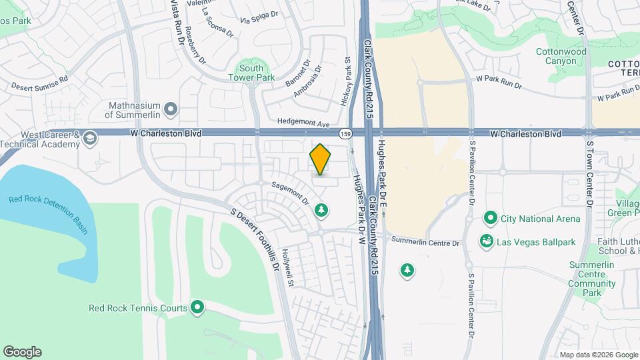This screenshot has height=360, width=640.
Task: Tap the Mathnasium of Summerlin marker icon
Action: click(171, 108)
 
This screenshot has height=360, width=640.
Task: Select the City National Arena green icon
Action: click(491, 219)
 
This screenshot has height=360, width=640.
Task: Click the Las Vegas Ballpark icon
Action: click(487, 241)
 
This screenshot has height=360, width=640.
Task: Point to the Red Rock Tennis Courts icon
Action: click(197, 307)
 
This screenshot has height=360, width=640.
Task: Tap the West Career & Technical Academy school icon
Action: click(89, 139)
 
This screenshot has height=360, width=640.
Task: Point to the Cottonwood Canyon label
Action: click(561, 56)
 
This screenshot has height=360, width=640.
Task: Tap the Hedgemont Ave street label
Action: click(304, 124)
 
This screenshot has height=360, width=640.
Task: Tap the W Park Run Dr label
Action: click(499, 79)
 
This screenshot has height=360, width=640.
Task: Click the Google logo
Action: click(22, 352)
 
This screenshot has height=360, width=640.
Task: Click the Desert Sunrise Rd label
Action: click(40, 82)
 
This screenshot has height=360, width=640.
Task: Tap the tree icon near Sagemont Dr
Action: click(321, 211)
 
